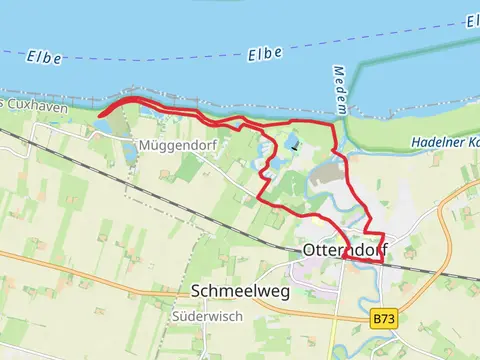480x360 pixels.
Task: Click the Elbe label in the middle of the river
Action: coord(265,52)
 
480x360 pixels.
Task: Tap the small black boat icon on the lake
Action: coord(294,147)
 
